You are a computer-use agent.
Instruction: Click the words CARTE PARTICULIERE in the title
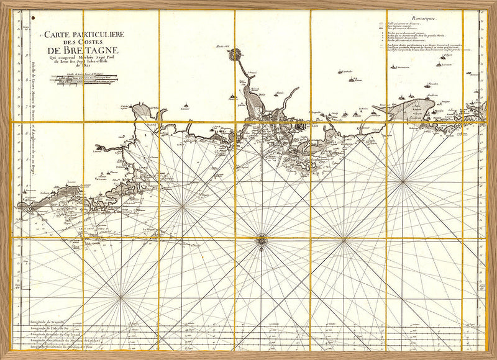[78, 35]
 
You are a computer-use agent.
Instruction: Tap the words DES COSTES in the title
[80, 43]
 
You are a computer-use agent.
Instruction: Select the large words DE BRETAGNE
[80, 52]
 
